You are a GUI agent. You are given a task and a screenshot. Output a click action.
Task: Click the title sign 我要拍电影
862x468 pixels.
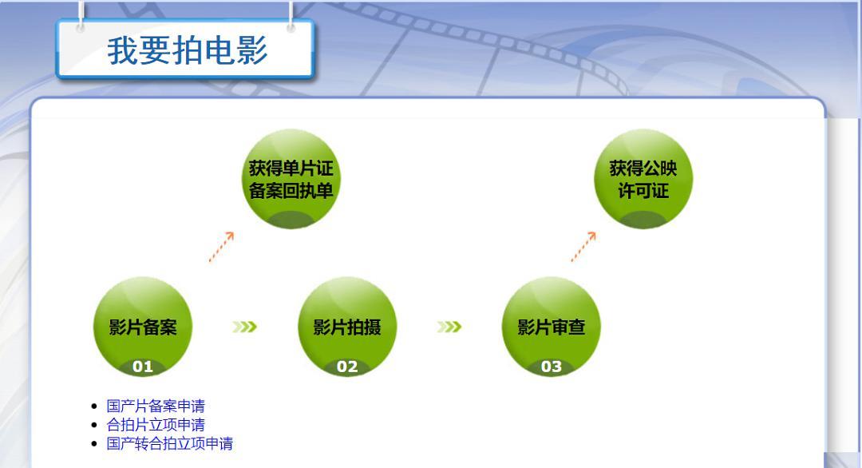pos(185,50)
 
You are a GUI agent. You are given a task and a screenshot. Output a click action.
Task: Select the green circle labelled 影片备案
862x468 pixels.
pos(143,327)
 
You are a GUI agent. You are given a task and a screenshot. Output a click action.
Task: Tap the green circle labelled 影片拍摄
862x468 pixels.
pos(347,327)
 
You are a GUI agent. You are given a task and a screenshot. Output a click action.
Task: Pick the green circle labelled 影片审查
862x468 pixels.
pos(552,327)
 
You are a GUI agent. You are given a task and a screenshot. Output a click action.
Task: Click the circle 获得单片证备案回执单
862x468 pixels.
pos(291,179)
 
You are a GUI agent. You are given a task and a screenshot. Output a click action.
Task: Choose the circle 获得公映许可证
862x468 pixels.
pos(643,179)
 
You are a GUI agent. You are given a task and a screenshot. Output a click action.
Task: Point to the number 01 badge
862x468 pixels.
pos(142,367)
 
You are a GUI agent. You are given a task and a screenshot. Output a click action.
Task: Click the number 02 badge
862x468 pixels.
pos(347,367)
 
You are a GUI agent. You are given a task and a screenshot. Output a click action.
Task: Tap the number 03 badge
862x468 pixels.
pos(552,367)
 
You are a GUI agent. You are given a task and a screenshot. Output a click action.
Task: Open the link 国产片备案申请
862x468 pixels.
pos(156,406)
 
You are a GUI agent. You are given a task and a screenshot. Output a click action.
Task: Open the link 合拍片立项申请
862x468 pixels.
pos(156,425)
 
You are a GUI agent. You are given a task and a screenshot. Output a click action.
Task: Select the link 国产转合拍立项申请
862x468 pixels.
pos(170,443)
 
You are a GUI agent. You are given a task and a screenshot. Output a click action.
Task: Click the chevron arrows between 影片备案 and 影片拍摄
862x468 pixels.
pos(244,327)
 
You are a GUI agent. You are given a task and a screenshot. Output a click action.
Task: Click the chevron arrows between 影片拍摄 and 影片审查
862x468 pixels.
pos(449,327)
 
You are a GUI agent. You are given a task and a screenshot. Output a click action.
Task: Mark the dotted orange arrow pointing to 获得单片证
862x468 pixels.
pos(222,246)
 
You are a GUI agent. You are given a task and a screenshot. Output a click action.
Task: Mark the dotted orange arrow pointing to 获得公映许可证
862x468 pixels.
pos(583,246)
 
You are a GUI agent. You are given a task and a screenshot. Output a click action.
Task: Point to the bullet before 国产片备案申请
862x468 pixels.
pos(94,407)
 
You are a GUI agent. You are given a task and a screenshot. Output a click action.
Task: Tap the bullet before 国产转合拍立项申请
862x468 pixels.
pos(94,444)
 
